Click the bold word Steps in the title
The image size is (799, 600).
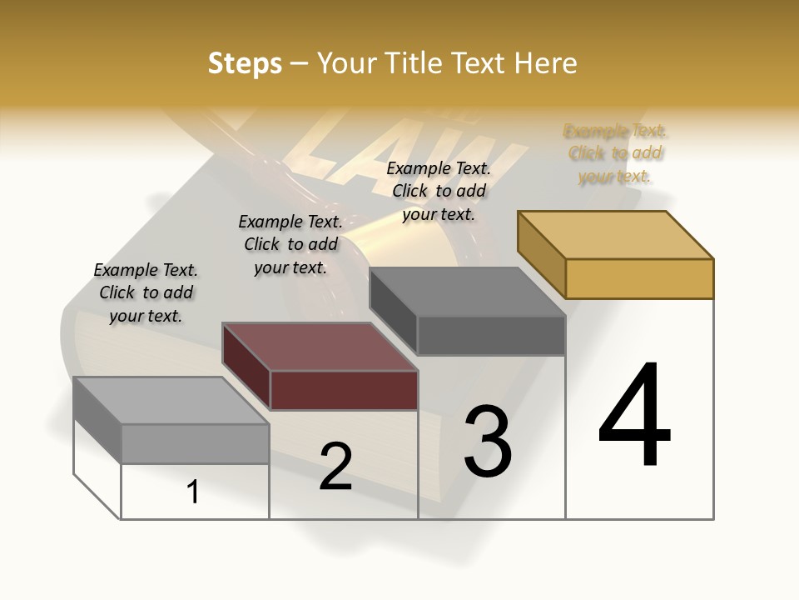[245, 63]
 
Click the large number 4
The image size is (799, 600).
[634, 417]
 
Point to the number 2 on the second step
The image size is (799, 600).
[335, 467]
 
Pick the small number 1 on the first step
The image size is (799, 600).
[193, 492]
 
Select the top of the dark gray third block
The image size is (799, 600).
[468, 292]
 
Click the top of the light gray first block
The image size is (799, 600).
[171, 401]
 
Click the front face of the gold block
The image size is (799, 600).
[639, 278]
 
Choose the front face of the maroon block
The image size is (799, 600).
[344, 390]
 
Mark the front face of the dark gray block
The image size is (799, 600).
[491, 336]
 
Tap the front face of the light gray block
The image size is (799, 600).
[195, 443]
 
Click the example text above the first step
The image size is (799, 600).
[146, 292]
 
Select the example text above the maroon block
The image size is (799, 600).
[290, 244]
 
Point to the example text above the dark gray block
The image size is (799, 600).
[439, 191]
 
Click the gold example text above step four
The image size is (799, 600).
[615, 153]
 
